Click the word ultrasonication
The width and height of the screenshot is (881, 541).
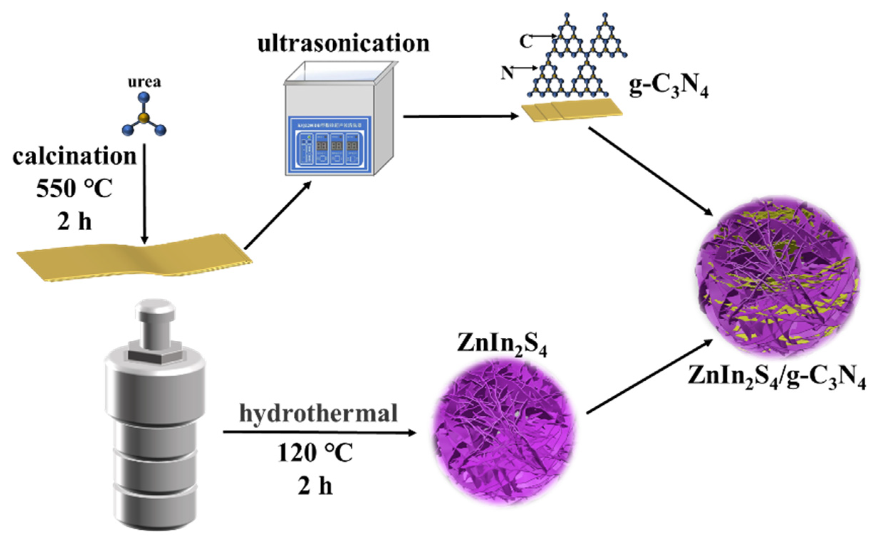pos(343,43)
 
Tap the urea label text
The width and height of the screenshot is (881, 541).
pos(145,82)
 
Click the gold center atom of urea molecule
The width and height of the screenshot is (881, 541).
pos(144,117)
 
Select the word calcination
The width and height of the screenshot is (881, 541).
pos(74,157)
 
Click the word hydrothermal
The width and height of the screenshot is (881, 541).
pos(318,413)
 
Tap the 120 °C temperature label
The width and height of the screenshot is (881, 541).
pos(315,453)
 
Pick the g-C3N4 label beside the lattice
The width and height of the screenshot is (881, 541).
pos(668,88)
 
